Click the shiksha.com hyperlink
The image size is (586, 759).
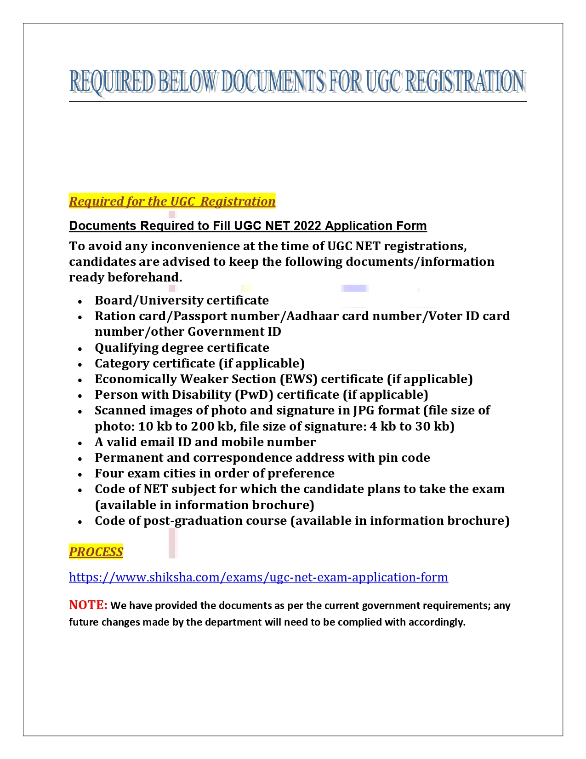[258, 577]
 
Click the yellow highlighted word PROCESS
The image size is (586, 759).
[96, 552]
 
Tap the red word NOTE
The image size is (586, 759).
[88, 605]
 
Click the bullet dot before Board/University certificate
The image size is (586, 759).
[80, 301]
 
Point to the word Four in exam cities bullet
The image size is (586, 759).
[109, 473]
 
